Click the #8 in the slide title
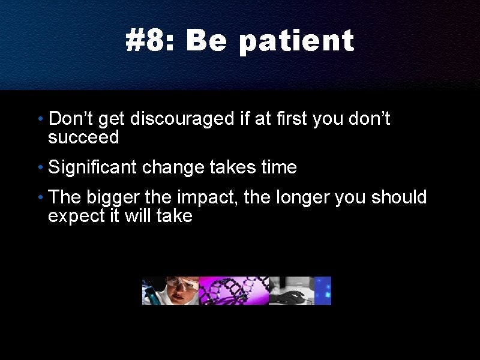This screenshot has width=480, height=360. click(146, 40)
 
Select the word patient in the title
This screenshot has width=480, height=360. click(296, 43)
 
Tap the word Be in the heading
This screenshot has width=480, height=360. click(206, 40)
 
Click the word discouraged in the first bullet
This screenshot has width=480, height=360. click(182, 119)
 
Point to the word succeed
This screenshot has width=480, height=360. click(83, 137)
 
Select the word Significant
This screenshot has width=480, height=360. click(92, 168)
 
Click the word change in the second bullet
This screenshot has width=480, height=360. click(173, 167)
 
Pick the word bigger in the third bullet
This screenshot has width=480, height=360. click(113, 197)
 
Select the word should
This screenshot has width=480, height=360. click(399, 197)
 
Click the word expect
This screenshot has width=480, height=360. click(77, 217)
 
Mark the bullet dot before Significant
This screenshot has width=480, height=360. click(41, 167)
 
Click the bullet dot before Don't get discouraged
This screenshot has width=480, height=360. click(41, 118)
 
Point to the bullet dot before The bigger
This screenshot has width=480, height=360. click(41, 197)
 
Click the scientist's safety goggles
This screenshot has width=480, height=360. click(181, 282)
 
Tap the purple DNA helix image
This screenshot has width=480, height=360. click(233, 290)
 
